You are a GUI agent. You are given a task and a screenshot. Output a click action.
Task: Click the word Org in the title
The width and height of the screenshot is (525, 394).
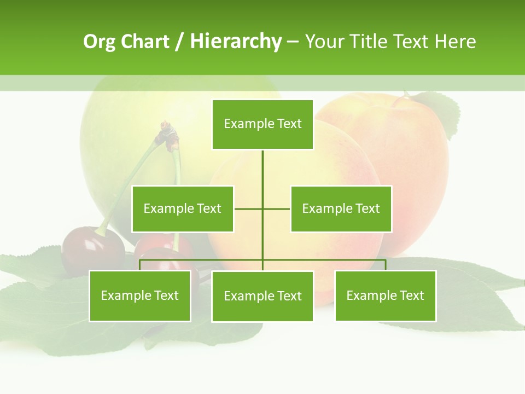[100, 42]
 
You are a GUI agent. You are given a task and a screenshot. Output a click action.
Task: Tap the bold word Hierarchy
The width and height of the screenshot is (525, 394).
[236, 42]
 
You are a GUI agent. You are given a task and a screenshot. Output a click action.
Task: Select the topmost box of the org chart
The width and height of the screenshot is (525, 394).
[262, 124]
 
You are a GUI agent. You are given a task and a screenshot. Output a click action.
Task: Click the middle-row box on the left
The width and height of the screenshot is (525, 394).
[183, 208]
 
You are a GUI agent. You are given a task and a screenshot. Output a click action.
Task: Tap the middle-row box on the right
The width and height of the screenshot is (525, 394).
[341, 208]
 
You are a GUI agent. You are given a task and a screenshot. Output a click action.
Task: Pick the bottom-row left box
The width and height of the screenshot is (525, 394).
[140, 296]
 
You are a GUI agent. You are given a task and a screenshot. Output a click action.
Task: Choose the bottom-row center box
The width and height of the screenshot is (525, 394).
[262, 296]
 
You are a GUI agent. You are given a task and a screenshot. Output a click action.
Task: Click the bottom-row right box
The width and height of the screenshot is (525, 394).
[385, 296]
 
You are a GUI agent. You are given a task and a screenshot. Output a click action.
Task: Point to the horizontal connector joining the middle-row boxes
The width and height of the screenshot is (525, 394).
[249, 208]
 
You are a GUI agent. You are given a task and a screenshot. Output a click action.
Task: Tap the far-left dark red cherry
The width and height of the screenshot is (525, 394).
[92, 252]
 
